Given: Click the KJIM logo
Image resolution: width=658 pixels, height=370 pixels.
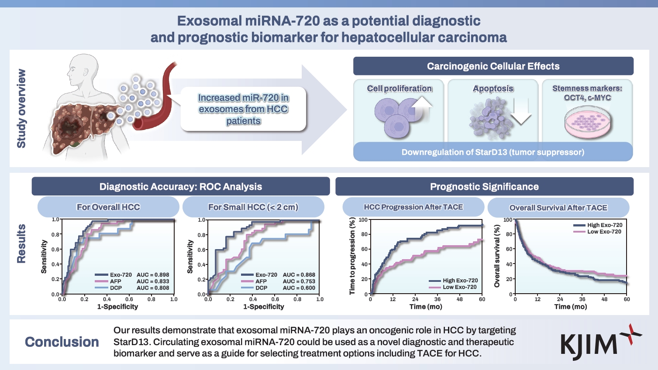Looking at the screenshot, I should [600, 343].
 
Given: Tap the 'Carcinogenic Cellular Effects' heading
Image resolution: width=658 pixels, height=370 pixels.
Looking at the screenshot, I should [493, 66].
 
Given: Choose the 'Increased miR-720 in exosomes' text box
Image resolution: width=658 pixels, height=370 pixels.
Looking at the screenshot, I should [243, 109].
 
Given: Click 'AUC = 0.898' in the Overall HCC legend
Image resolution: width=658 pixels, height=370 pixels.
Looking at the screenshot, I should [153, 275].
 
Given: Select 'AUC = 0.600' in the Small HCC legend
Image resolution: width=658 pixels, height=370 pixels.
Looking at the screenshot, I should [299, 288].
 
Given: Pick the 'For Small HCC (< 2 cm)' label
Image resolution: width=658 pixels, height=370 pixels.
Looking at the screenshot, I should [253, 207].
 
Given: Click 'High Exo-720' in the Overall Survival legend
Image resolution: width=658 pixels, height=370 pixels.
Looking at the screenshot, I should [605, 225].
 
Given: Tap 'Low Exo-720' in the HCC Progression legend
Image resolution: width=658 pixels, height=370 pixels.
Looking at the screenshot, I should [460, 287].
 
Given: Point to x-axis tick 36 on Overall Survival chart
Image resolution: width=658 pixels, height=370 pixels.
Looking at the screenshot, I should [582, 299].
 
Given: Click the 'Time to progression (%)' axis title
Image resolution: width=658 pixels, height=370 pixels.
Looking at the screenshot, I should [352, 257].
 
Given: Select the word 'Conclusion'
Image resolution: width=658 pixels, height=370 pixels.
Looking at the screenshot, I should [62, 342].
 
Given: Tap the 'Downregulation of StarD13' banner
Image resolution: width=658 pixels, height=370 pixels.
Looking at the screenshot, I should [493, 152].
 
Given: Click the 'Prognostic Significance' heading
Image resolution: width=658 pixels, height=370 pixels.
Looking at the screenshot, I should [484, 187].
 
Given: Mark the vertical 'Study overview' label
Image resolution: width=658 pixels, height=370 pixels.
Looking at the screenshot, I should [21, 109].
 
